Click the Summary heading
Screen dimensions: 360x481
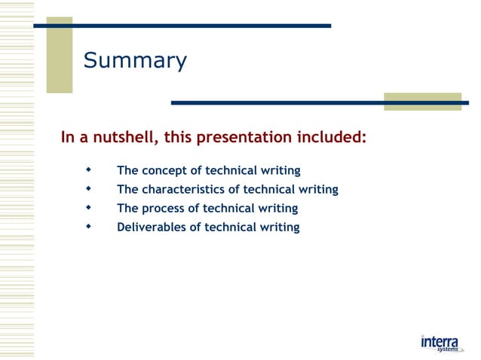click(135, 61)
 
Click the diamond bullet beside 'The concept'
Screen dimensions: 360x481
click(89, 169)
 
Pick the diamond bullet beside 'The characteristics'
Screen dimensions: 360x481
click(89, 188)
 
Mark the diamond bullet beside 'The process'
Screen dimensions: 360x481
click(89, 207)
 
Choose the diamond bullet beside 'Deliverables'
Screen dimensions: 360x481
click(89, 226)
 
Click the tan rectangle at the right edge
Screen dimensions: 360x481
click(422, 102)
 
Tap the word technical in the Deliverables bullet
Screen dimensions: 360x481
click(230, 227)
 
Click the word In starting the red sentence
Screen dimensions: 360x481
click(68, 138)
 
